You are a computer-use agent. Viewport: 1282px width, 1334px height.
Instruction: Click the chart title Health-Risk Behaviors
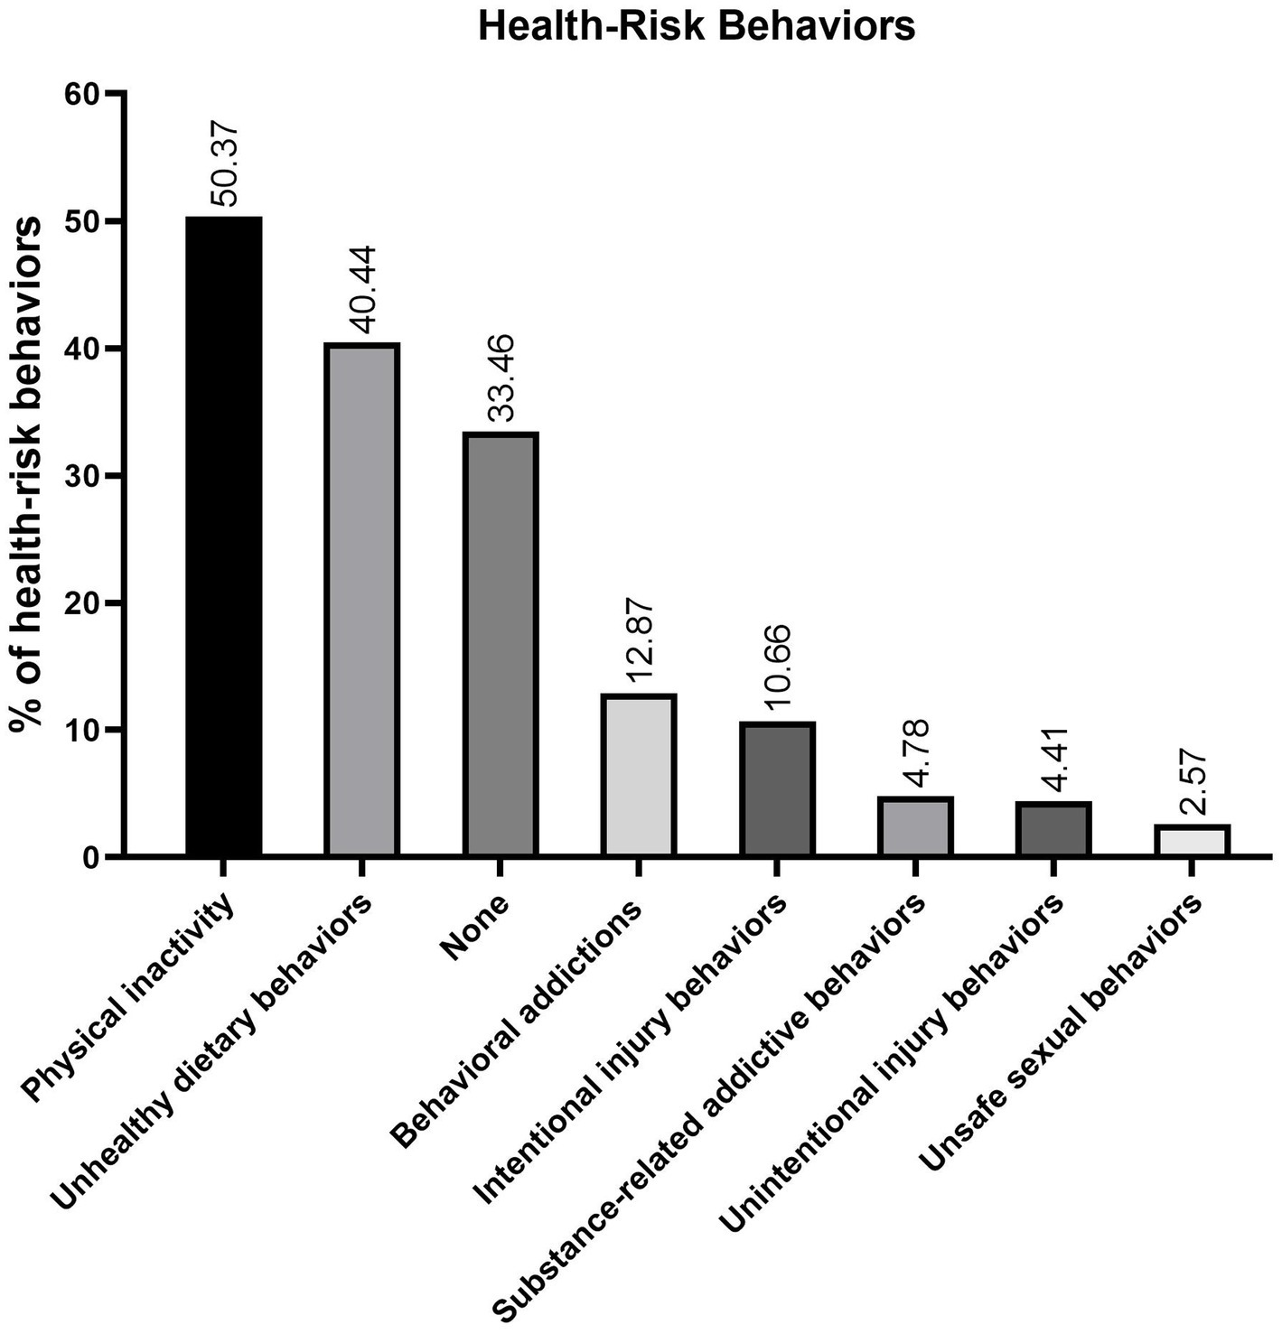(696, 27)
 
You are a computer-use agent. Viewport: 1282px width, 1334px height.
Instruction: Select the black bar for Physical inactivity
(224, 536)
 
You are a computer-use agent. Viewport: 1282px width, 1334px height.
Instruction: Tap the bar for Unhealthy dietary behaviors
(362, 600)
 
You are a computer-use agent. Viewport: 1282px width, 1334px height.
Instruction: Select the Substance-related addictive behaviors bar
(915, 826)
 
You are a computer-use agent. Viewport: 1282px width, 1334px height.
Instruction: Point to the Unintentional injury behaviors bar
(1053, 828)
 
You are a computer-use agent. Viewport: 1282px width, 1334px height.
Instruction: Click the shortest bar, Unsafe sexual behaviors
(1192, 840)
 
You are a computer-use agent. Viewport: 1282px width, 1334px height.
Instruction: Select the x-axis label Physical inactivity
(131, 998)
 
